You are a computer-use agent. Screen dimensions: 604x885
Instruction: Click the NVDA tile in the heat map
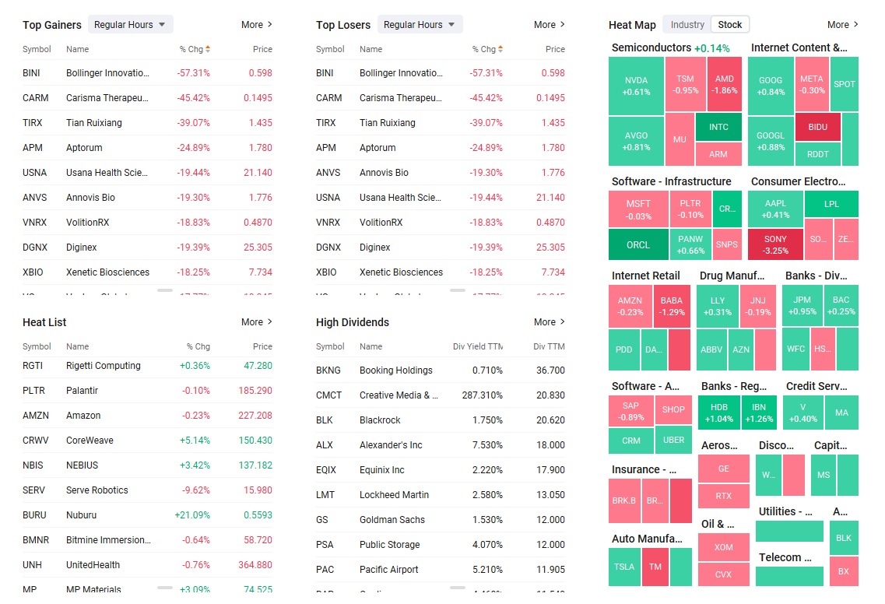pos(636,86)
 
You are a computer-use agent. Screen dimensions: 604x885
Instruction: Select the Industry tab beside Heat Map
pos(687,25)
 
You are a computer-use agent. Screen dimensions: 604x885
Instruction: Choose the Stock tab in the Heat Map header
pos(730,25)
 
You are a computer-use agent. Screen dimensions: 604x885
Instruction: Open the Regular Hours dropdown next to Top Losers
pos(420,25)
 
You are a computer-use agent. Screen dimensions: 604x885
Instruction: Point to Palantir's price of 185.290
pos(255,391)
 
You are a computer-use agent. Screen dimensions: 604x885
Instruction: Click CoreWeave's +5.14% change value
pos(195,441)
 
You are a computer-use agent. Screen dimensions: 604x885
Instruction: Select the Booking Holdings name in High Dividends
pos(395,370)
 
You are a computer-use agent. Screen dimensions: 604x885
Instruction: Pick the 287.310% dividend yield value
pos(482,395)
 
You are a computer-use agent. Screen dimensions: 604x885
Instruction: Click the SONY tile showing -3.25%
pos(775,244)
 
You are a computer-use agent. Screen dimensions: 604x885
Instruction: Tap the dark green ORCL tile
pos(637,244)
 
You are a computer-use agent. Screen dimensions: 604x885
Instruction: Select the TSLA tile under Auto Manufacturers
pos(623,567)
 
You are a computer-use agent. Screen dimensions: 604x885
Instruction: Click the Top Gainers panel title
pos(52,25)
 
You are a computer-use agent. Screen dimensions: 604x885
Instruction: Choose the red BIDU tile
pos(818,127)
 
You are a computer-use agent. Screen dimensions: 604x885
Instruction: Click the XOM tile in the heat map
pos(723,547)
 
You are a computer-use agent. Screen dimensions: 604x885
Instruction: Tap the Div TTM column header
pos(549,346)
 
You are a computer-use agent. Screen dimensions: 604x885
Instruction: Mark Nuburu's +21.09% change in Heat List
pos(192,515)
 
